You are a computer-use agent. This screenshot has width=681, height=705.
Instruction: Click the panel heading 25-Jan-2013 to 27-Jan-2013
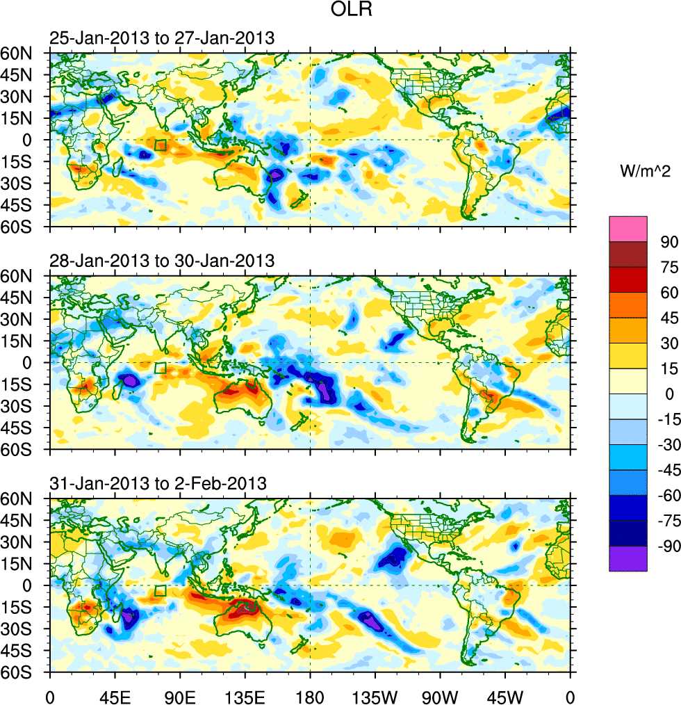coord(161,38)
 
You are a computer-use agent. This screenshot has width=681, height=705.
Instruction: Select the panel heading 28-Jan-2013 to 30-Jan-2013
coord(161,261)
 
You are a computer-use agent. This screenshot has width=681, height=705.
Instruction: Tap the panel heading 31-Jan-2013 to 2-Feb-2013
coord(158,483)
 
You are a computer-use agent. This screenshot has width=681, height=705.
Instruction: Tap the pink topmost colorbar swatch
coord(628,229)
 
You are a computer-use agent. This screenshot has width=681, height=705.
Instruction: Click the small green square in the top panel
coord(161,145)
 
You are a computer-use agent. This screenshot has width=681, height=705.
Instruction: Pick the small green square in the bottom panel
coord(161,590)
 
